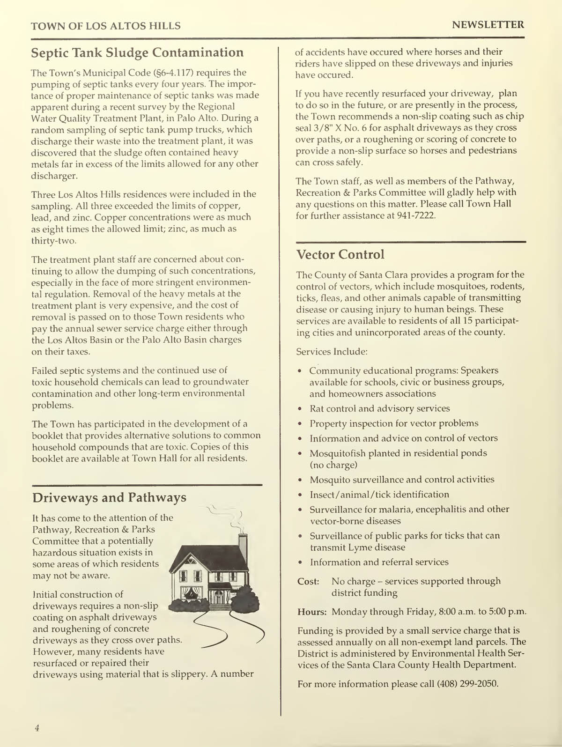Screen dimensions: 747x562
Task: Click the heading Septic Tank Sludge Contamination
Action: click(137, 52)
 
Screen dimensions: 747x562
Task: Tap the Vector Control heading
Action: click(340, 255)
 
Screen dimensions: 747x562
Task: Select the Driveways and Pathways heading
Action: click(109, 497)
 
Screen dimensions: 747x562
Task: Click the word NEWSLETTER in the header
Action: click(488, 25)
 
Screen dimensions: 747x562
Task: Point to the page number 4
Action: click(37, 728)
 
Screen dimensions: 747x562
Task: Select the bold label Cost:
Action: click(308, 582)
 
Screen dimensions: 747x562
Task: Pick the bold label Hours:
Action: click(312, 612)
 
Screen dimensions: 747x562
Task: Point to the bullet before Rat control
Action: click(300, 409)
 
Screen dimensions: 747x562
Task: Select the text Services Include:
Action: click(332, 351)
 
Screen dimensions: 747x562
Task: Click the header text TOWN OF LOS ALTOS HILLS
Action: click(106, 26)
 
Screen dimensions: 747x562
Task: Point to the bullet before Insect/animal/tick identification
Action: click(300, 495)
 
